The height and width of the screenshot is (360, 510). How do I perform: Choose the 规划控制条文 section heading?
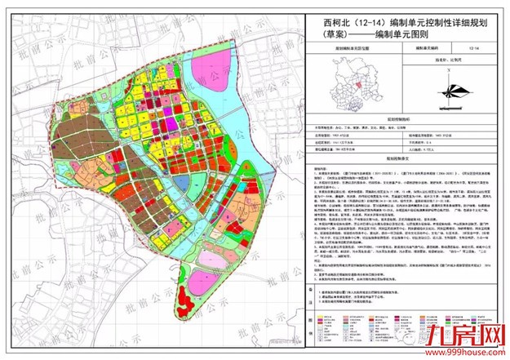click(x=401, y=158)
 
